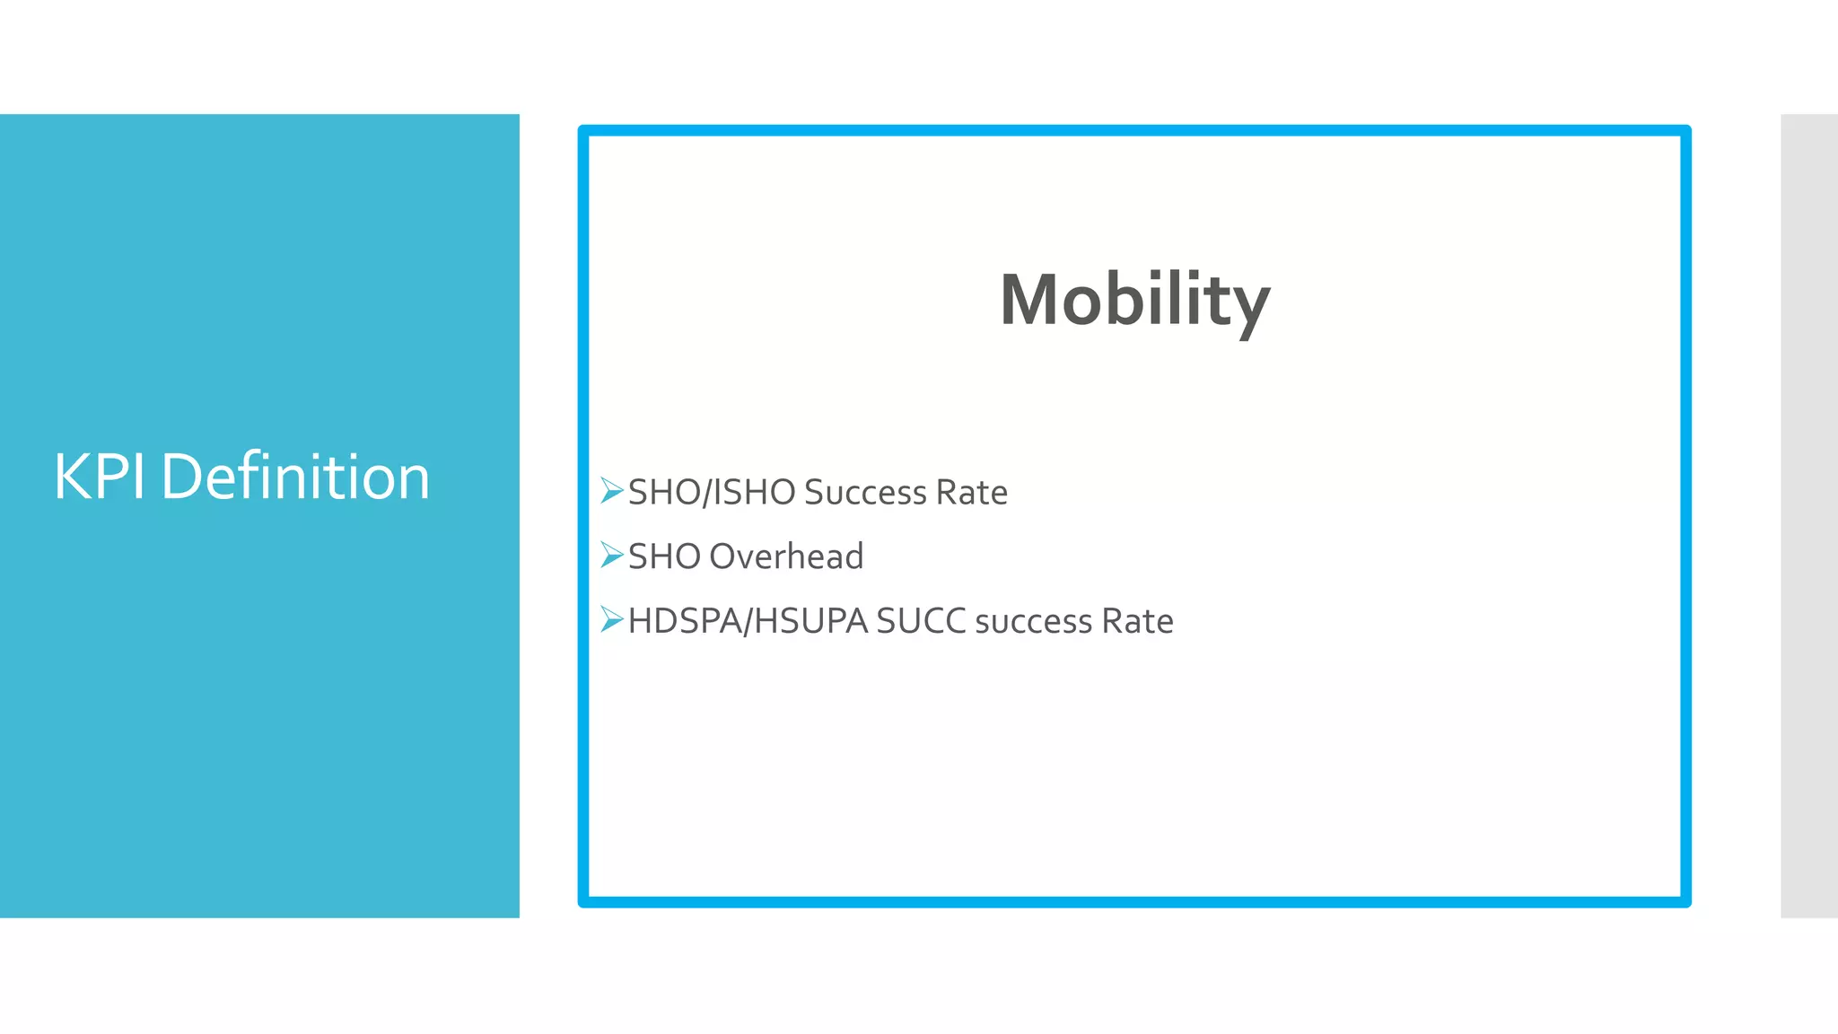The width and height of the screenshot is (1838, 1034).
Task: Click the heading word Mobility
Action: (1134, 300)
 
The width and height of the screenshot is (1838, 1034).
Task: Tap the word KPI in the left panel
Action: (99, 477)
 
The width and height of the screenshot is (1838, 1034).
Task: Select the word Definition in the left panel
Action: (295, 477)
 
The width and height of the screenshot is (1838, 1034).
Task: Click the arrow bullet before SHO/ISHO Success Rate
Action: (611, 491)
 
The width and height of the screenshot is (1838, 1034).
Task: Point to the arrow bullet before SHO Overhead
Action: (611, 556)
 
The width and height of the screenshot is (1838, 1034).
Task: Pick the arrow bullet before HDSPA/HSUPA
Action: (611, 619)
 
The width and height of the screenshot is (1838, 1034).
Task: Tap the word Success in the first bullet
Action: (865, 493)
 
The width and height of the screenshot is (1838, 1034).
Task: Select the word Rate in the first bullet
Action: (971, 493)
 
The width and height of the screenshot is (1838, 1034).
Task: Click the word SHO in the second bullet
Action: (664, 556)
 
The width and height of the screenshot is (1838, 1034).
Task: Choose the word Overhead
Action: (786, 556)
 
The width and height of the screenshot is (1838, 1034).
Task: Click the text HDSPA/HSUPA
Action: (748, 621)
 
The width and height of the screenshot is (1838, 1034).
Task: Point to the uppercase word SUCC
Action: (921, 621)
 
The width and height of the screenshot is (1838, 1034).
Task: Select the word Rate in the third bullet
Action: (1137, 621)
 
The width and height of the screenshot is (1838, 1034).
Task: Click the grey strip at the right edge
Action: (1809, 515)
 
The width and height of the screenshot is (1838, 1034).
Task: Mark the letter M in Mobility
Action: (1032, 300)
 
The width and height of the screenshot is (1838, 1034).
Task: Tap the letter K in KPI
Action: (71, 477)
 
